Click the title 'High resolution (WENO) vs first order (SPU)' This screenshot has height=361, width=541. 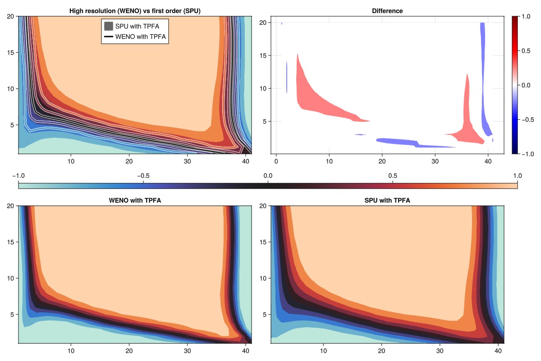[x=135, y=10]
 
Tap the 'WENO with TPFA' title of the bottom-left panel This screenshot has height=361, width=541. [x=135, y=200]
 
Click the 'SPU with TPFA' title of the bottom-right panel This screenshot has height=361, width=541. [x=387, y=200]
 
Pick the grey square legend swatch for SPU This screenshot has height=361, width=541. [x=108, y=26]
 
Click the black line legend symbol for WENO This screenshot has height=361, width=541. [x=108, y=36]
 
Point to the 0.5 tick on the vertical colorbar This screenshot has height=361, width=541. [x=526, y=51]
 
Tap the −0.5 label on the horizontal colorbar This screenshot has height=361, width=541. [x=143, y=176]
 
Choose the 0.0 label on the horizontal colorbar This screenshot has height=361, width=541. [x=268, y=176]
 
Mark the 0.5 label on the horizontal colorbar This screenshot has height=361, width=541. [x=393, y=176]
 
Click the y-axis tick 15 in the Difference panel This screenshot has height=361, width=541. [x=265, y=56]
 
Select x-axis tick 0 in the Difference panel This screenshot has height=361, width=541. [x=276, y=161]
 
